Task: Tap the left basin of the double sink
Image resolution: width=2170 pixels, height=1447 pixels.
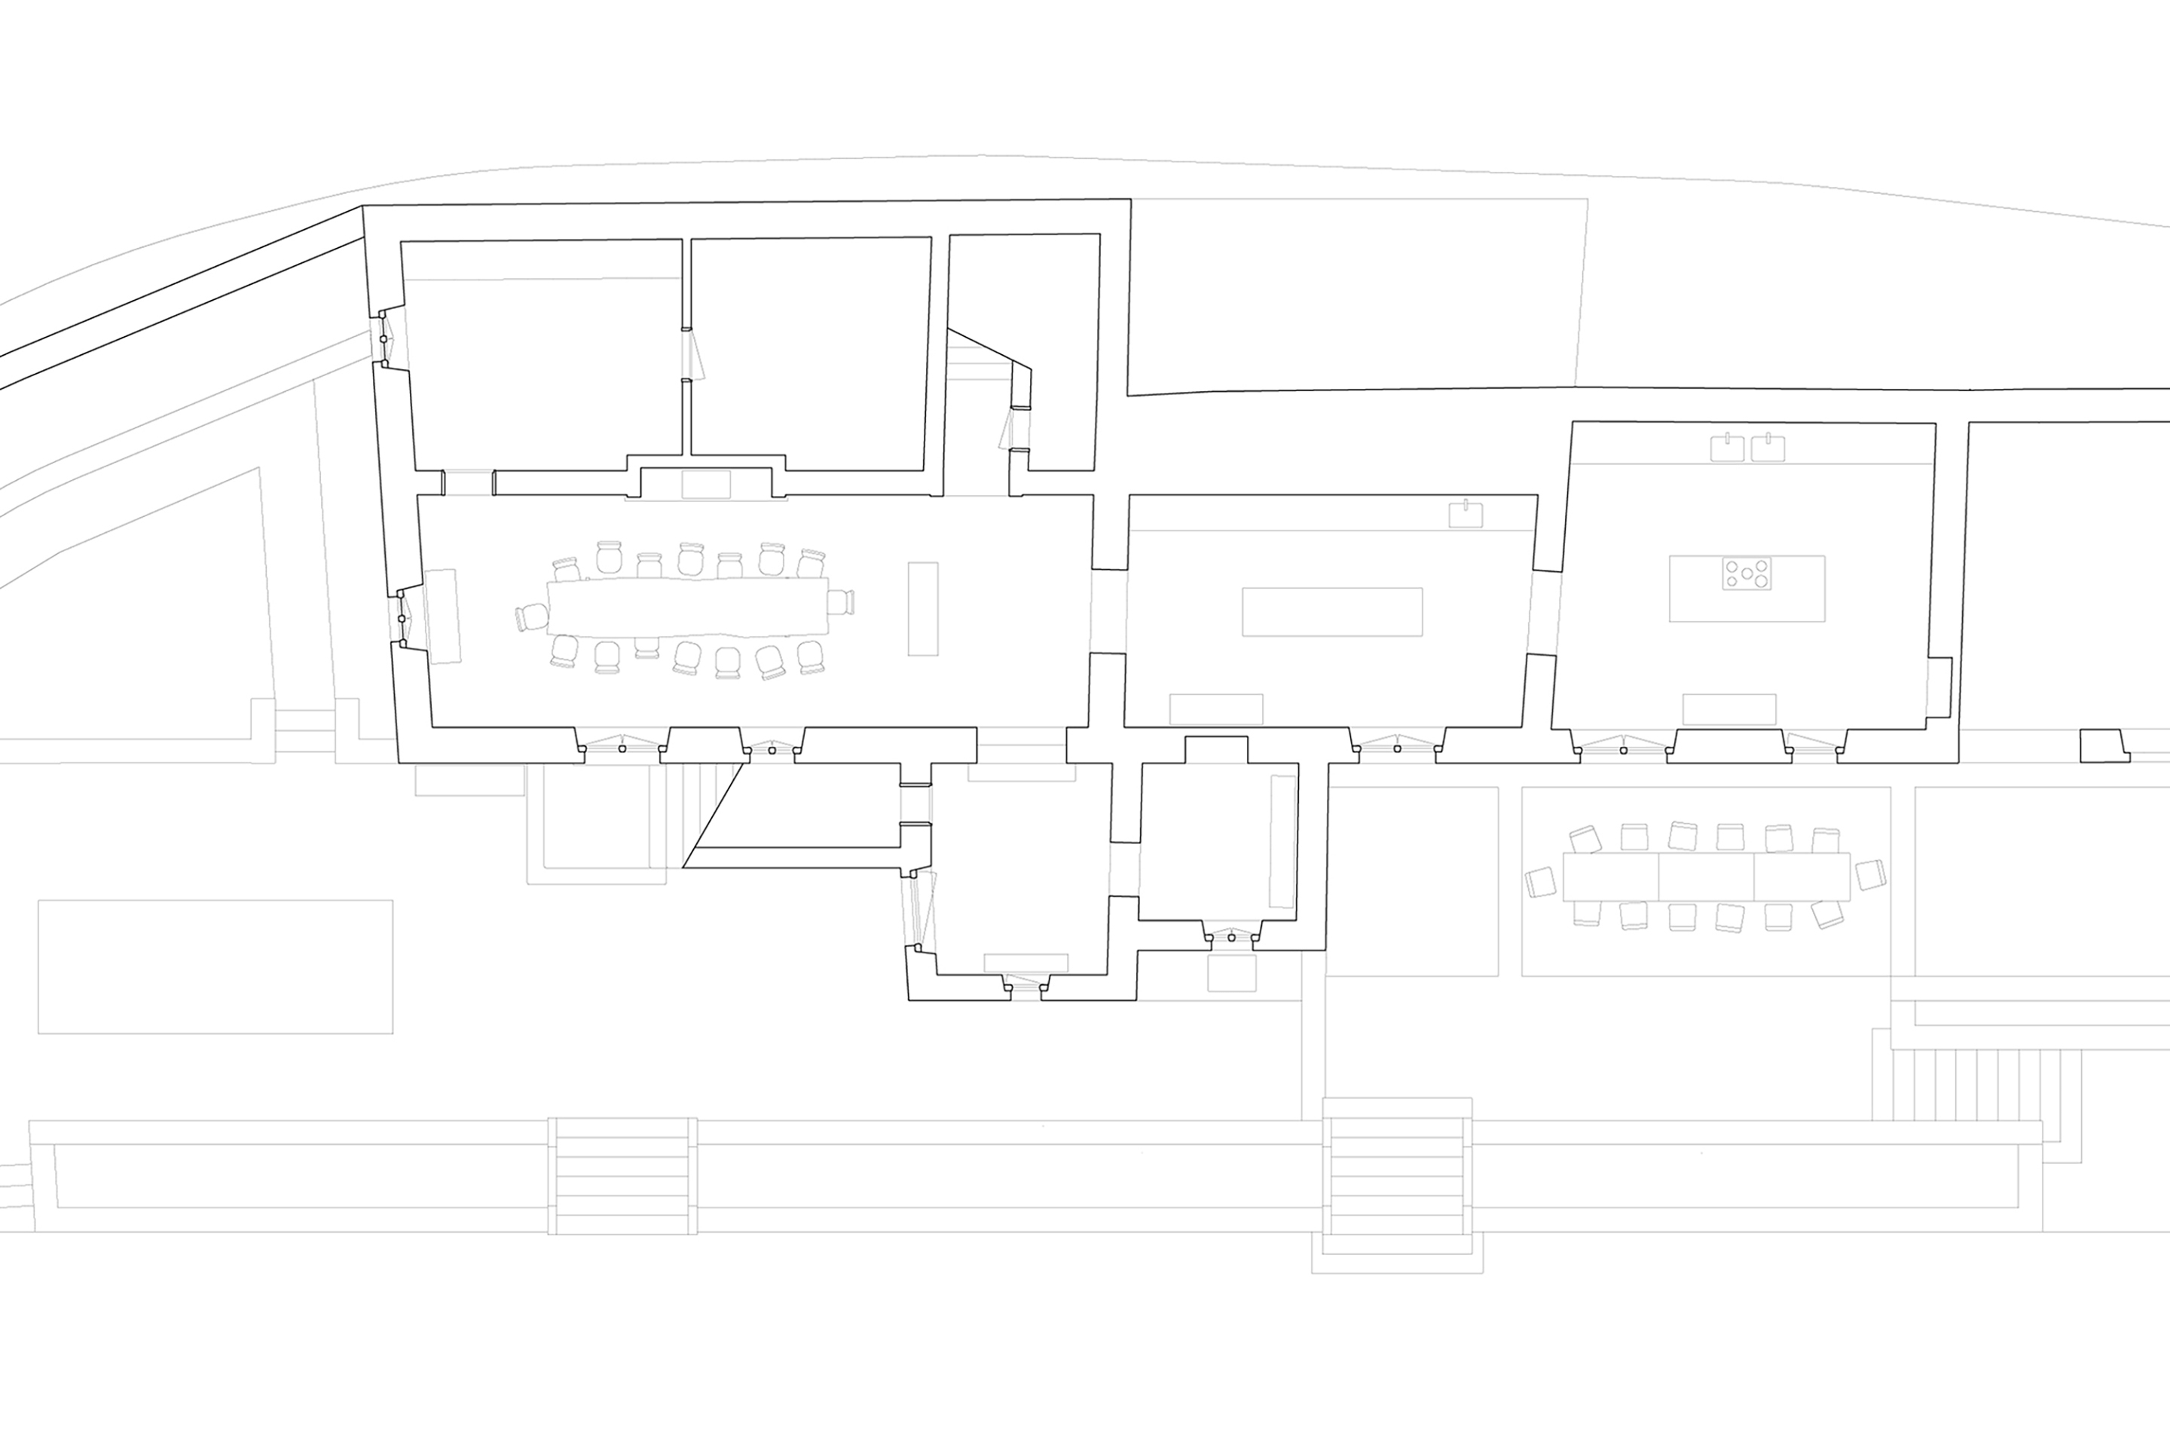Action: coord(1725,448)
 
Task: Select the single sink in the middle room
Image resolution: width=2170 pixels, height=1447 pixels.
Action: coord(1465,514)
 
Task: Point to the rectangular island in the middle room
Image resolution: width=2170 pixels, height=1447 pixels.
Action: coord(1332,612)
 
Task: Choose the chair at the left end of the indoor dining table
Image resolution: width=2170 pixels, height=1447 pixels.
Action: coord(533,616)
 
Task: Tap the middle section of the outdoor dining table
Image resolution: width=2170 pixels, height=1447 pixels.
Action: coord(1706,876)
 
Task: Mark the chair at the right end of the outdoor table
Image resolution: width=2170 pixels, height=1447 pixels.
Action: coord(1869,875)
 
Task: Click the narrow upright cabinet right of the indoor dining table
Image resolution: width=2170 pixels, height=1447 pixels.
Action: coord(922,609)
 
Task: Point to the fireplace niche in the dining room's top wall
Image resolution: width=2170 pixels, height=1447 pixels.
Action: coord(706,484)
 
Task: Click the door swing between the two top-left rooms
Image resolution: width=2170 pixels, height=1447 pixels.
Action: coord(695,354)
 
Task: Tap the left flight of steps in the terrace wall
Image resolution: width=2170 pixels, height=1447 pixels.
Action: coord(623,1176)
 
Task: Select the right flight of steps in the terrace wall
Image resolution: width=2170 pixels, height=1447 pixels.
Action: coord(1397,1176)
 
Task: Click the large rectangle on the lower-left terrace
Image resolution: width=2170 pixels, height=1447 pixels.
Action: coord(215,966)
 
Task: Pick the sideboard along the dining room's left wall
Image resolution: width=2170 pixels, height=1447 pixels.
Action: coord(444,616)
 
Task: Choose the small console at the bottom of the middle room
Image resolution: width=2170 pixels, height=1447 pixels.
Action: coord(1216,708)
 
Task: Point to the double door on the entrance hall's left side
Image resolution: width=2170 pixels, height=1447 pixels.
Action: coord(921,909)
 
